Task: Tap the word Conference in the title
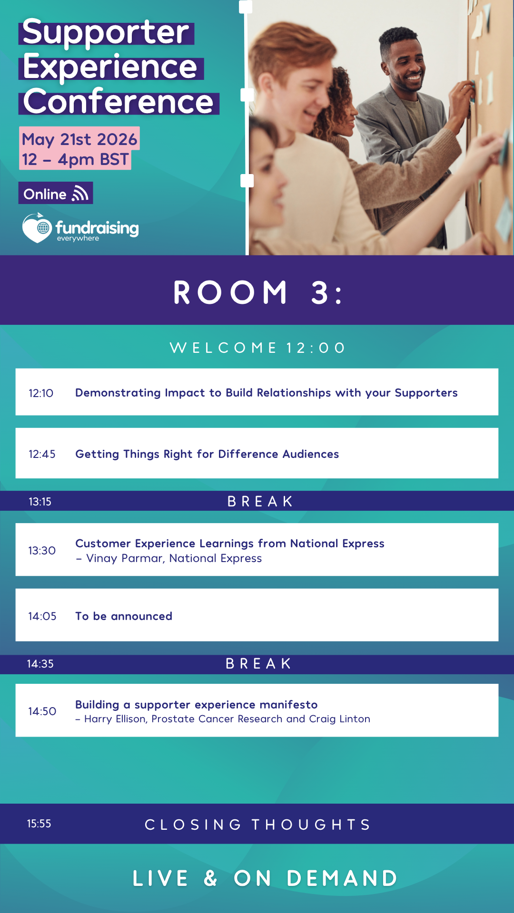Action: pyautogui.click(x=118, y=101)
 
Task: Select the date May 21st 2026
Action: pyautogui.click(x=79, y=139)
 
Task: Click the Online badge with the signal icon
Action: pyautogui.click(x=56, y=194)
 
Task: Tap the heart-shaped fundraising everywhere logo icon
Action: pyautogui.click(x=37, y=228)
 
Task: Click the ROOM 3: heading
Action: pyautogui.click(x=257, y=292)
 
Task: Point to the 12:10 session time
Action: pyautogui.click(x=41, y=393)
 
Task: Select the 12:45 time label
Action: pyautogui.click(x=42, y=454)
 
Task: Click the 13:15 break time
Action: pyautogui.click(x=40, y=502)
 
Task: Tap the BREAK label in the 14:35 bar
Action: pyautogui.click(x=258, y=663)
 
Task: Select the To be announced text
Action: pyautogui.click(x=124, y=616)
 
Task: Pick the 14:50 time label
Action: pyautogui.click(x=42, y=711)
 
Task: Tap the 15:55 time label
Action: pyautogui.click(x=39, y=824)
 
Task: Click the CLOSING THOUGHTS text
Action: pyautogui.click(x=257, y=825)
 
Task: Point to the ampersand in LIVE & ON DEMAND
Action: pyautogui.click(x=211, y=878)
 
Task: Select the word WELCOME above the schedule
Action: pyautogui.click(x=223, y=348)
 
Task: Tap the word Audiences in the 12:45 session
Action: pyautogui.click(x=311, y=454)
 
